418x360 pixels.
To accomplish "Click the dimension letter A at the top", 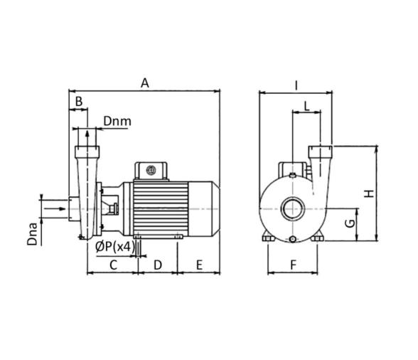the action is tap(145, 83).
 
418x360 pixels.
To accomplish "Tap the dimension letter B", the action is tap(79, 102).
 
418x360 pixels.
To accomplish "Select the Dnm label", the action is tap(117, 121).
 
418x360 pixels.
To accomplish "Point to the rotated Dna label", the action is tap(33, 234).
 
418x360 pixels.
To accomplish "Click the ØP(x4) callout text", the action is tap(115, 247).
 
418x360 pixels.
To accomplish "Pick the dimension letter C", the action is tap(114, 265).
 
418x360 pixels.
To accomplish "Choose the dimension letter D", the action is tap(158, 265).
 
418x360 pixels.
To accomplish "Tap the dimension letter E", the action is tap(199, 265).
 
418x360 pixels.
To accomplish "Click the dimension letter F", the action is tap(293, 265).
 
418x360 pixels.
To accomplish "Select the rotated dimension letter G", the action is tap(350, 223).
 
